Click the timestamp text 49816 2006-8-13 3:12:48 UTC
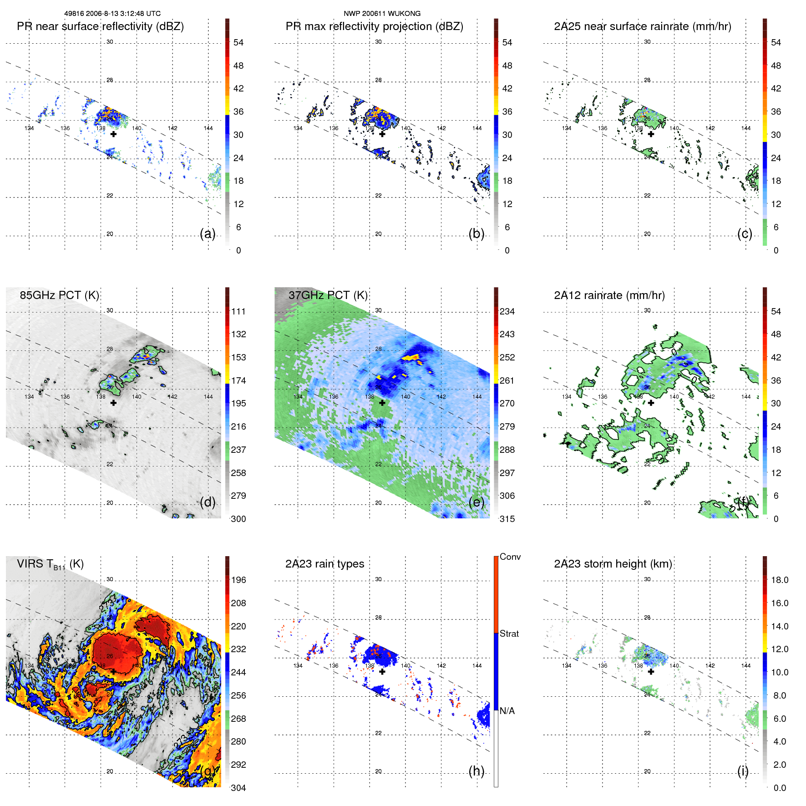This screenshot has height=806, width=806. tap(112, 14)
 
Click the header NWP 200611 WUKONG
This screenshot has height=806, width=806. tap(382, 14)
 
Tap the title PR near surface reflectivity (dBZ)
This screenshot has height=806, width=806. tap(100, 26)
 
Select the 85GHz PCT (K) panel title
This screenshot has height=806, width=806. tap(59, 295)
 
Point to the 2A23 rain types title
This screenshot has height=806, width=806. tap(324, 564)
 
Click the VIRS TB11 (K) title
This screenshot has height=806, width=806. tap(50, 564)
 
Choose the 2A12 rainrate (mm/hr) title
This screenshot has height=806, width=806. tap(609, 295)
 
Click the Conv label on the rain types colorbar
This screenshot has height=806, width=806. tap(510, 557)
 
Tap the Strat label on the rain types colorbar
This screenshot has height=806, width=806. tap(509, 634)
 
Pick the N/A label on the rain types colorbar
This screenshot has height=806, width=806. tap(507, 711)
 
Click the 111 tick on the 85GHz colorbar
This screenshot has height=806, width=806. tap(238, 311)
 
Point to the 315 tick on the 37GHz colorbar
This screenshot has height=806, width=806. tap(507, 519)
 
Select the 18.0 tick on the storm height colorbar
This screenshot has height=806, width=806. tap(779, 580)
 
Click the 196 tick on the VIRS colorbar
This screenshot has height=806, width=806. tap(238, 580)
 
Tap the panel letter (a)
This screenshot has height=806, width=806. tap(208, 233)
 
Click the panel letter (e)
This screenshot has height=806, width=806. tap(476, 502)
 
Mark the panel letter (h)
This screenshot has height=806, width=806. tap(476, 771)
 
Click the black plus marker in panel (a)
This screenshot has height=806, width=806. tap(113, 134)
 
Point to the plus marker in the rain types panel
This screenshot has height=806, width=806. tap(382, 671)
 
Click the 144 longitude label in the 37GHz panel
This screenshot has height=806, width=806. tap(477, 397)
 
